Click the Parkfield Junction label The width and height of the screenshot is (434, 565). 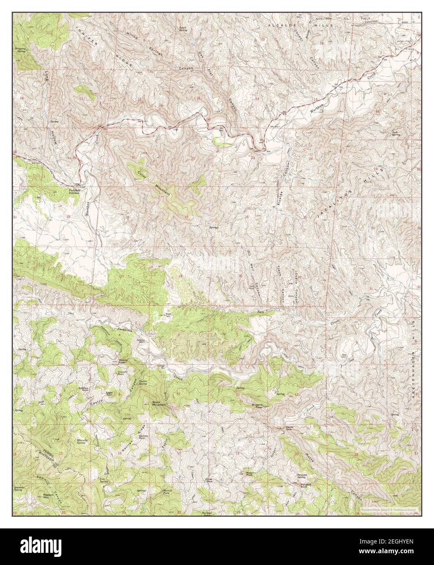pyautogui.click(x=74, y=191)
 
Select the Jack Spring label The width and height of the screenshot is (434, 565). pyautogui.click(x=396, y=133)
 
